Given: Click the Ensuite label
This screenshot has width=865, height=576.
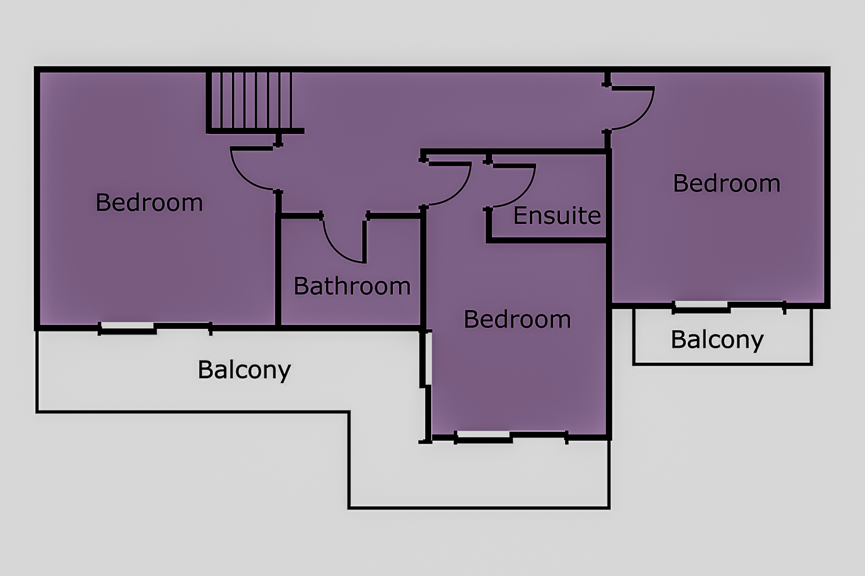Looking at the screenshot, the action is click(x=557, y=216).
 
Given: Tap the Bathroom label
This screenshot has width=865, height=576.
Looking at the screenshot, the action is click(x=352, y=286).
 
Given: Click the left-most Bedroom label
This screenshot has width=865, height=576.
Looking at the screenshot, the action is click(x=149, y=202).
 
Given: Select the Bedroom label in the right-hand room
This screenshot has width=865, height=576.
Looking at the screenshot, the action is click(x=727, y=183).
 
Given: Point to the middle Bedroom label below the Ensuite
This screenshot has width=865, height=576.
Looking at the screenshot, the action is click(x=517, y=319).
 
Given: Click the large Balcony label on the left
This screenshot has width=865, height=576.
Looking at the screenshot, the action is click(x=244, y=370).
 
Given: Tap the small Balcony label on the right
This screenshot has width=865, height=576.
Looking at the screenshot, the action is click(x=717, y=340).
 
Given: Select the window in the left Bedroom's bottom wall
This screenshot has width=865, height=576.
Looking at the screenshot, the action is click(x=155, y=329).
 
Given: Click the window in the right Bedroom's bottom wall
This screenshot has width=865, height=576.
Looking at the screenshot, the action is click(x=729, y=307).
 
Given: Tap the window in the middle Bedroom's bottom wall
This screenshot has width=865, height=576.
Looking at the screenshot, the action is click(x=511, y=438).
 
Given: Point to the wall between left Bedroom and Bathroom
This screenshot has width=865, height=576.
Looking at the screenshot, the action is click(x=278, y=259).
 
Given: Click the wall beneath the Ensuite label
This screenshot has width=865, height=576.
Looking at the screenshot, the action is click(x=547, y=240).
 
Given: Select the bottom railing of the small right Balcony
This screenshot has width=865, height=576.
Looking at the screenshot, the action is click(x=723, y=364).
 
